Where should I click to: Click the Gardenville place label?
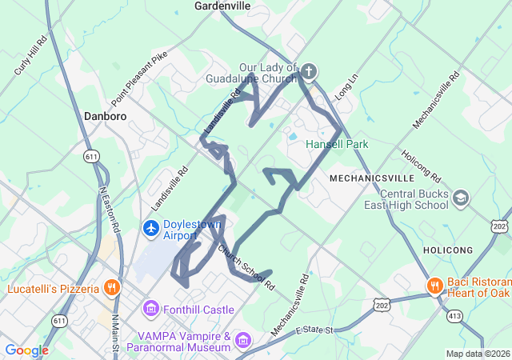point(222,6)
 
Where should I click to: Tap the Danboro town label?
point(105,116)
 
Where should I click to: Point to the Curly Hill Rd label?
point(31,55)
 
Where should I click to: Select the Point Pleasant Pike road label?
point(139,79)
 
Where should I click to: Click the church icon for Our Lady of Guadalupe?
point(309,74)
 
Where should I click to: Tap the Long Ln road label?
point(345,88)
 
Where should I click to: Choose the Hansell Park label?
point(337,144)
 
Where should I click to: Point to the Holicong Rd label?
point(421,165)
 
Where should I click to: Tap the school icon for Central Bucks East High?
point(461,198)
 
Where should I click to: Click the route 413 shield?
point(454,316)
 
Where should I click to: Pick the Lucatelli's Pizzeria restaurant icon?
point(111,288)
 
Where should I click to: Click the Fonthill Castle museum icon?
point(151,309)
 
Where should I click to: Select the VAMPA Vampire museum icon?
point(242,342)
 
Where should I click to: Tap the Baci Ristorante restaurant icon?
point(434,285)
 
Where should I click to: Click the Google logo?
point(27,350)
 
